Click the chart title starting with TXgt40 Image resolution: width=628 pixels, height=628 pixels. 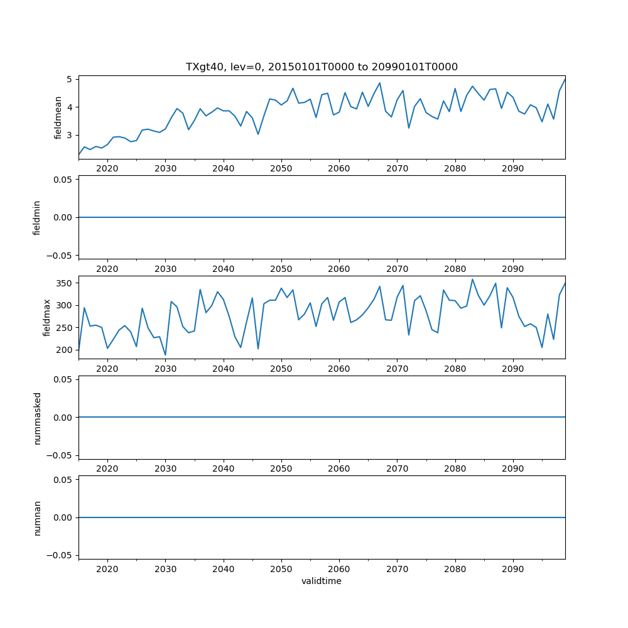coord(322,67)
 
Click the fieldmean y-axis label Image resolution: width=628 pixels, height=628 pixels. coord(58,117)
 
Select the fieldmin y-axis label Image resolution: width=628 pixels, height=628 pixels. coord(37,217)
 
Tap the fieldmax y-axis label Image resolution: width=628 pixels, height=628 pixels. coord(47,317)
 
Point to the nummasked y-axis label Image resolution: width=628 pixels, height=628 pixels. coord(37,418)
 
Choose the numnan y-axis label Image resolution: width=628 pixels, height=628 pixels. coord(37,517)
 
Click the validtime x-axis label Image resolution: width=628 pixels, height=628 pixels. coord(322,582)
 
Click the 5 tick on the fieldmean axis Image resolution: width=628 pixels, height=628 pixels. coord(70,79)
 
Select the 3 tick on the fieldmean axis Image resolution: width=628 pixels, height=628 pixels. coord(70,135)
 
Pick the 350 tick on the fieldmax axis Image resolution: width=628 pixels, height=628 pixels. coord(65,283)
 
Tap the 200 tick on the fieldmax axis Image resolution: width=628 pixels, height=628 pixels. coord(65,350)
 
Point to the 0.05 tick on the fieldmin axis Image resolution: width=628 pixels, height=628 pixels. coord(64,180)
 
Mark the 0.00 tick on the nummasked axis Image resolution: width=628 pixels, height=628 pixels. coord(64,418)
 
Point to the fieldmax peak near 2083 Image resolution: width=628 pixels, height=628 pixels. coord(473,279)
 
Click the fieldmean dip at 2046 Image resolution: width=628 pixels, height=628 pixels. coord(258,134)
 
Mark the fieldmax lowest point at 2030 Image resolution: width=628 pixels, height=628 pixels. coord(165,355)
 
